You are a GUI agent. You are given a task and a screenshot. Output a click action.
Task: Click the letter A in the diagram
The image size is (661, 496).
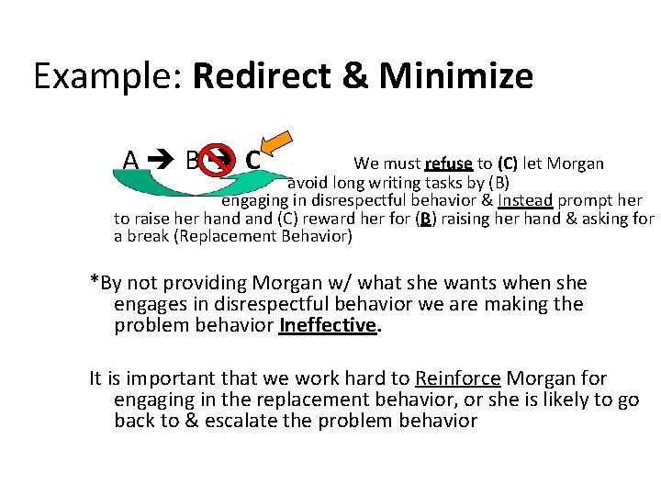click(x=131, y=161)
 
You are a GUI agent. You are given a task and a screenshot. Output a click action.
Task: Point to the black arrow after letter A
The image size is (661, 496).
click(x=161, y=161)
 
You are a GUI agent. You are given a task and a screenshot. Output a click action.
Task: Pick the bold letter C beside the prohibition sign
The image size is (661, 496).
click(x=252, y=161)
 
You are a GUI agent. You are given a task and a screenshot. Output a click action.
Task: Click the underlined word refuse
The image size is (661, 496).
click(x=449, y=164)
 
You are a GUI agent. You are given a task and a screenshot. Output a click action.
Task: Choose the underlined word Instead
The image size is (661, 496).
click(x=525, y=200)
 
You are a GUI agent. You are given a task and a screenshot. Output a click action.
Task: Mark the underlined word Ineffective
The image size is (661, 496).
click(x=328, y=325)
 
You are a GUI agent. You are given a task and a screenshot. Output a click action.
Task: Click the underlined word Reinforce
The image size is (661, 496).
click(x=456, y=378)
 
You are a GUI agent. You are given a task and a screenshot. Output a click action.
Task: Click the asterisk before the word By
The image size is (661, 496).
click(x=95, y=280)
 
